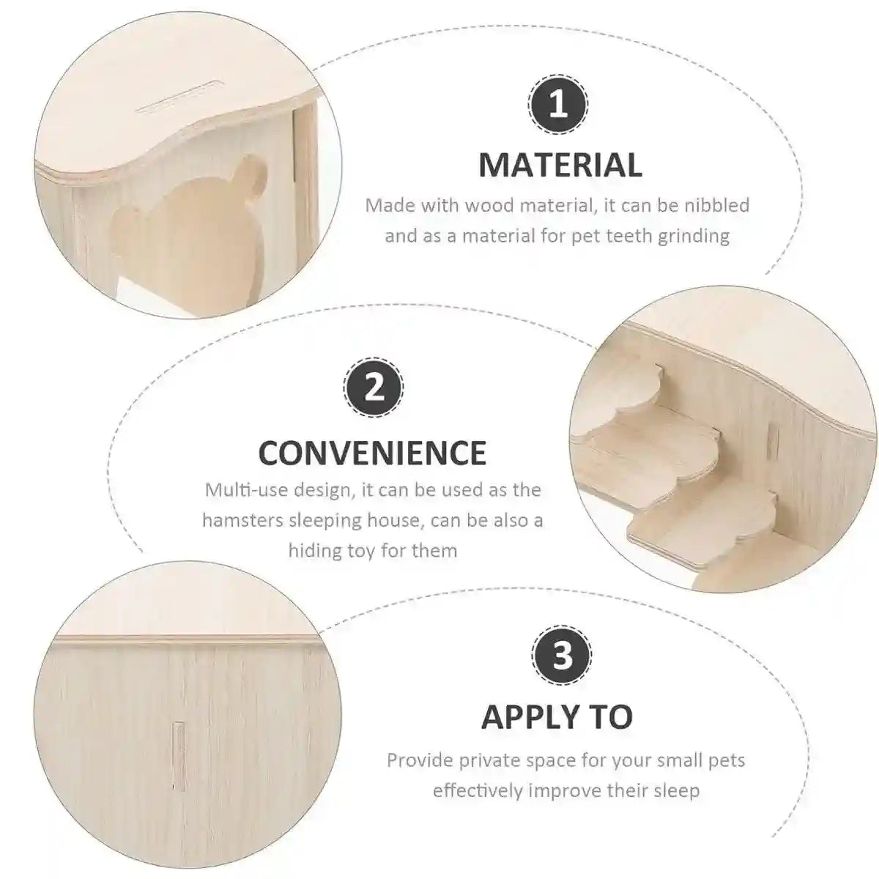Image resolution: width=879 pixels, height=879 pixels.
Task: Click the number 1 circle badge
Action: point(558,107)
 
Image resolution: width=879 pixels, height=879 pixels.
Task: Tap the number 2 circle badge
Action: point(374,387)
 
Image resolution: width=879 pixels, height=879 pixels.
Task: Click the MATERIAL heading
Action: point(560,166)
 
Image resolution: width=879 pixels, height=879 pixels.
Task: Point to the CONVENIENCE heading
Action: point(372,453)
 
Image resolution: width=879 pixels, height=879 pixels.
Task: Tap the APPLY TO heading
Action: point(557,717)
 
